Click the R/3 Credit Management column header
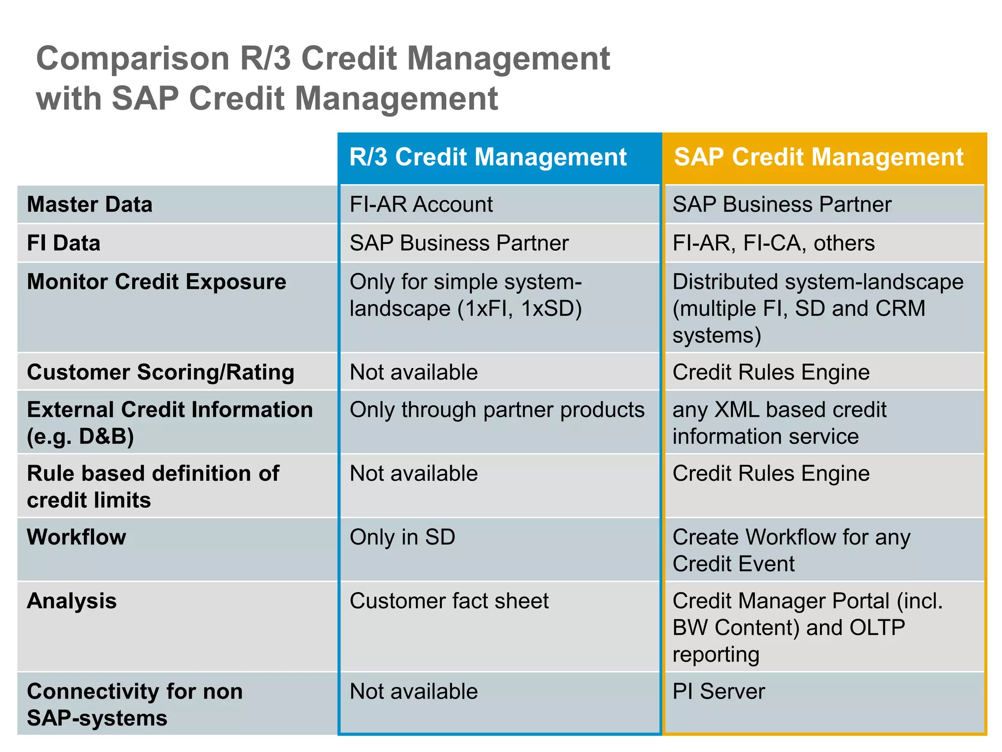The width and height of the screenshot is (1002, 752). click(x=488, y=157)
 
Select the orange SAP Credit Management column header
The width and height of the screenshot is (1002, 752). click(x=819, y=157)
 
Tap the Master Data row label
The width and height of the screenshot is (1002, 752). click(x=90, y=204)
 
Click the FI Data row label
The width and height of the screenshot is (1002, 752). click(x=64, y=243)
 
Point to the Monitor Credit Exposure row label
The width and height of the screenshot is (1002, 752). click(x=157, y=282)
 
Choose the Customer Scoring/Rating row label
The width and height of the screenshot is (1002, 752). click(x=160, y=372)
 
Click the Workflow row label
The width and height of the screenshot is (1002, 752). click(x=76, y=537)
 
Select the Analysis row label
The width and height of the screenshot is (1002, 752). click(x=72, y=601)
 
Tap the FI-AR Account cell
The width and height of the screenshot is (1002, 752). click(x=421, y=204)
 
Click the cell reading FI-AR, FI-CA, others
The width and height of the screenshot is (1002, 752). click(x=774, y=243)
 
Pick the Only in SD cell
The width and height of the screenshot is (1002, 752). click(x=402, y=537)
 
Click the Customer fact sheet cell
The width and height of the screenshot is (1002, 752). click(x=449, y=601)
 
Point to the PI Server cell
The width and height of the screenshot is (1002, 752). click(x=718, y=691)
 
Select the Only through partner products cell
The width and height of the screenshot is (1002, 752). click(x=497, y=410)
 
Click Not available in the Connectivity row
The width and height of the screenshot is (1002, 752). click(x=413, y=691)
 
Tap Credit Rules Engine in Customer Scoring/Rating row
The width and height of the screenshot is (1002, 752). click(x=771, y=372)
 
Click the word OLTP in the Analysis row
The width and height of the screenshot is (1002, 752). click(x=877, y=628)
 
